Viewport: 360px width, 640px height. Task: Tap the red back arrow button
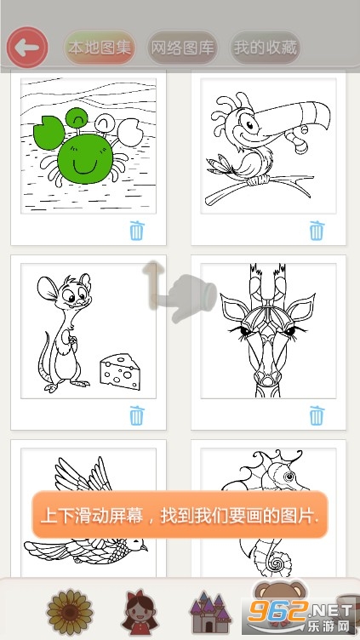tap(27, 48)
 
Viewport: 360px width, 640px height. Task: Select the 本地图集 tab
tap(100, 48)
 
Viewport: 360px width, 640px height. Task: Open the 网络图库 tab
tap(182, 48)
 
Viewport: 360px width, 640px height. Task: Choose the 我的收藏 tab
tap(266, 48)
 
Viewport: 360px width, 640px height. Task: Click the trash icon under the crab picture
tap(137, 231)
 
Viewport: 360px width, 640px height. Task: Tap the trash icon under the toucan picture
tap(317, 231)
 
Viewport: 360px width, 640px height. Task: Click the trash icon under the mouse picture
tap(137, 415)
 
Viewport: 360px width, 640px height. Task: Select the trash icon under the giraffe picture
tap(317, 415)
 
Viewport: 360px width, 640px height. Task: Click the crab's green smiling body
tap(85, 158)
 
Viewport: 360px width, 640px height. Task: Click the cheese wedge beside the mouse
tap(120, 371)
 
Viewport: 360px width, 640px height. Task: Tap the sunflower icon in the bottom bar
tap(70, 612)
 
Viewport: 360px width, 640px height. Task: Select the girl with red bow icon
tap(140, 612)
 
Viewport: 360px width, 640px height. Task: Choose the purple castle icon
tap(210, 613)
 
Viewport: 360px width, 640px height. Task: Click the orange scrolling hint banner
tap(180, 515)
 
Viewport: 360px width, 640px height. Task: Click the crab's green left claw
tap(49, 131)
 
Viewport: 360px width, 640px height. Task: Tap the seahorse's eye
tap(290, 477)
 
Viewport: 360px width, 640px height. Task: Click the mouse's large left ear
tap(49, 289)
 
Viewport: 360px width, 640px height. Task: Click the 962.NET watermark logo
tap(300, 615)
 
